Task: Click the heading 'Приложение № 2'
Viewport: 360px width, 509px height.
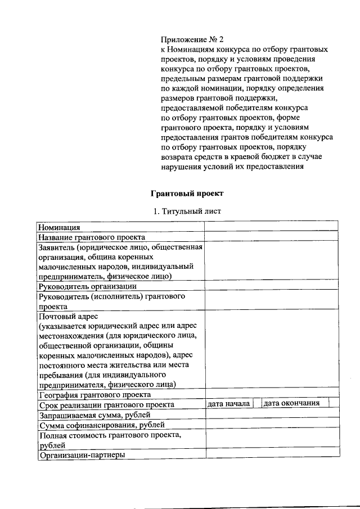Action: pos(192,40)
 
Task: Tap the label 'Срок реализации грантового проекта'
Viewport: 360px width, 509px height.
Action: pos(106,404)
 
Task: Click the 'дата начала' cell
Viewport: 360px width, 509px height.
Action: pos(228,403)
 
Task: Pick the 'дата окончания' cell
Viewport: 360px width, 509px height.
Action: pos(292,403)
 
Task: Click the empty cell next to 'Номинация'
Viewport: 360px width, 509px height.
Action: pos(271,227)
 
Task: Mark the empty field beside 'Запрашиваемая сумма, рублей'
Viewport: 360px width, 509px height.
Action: pos(271,415)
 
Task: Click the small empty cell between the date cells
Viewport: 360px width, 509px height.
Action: pos(257,403)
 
